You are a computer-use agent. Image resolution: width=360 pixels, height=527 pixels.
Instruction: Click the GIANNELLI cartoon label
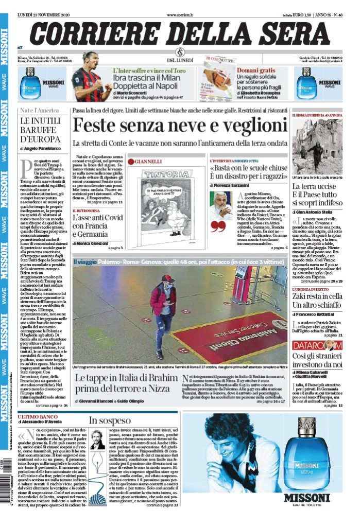(x=148, y=161)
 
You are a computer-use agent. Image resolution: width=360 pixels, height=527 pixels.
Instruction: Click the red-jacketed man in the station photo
(x=163, y=314)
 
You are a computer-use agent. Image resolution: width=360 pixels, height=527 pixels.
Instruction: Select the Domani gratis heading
(x=256, y=69)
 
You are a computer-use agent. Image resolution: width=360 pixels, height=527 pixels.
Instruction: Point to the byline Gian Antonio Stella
(x=317, y=212)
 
